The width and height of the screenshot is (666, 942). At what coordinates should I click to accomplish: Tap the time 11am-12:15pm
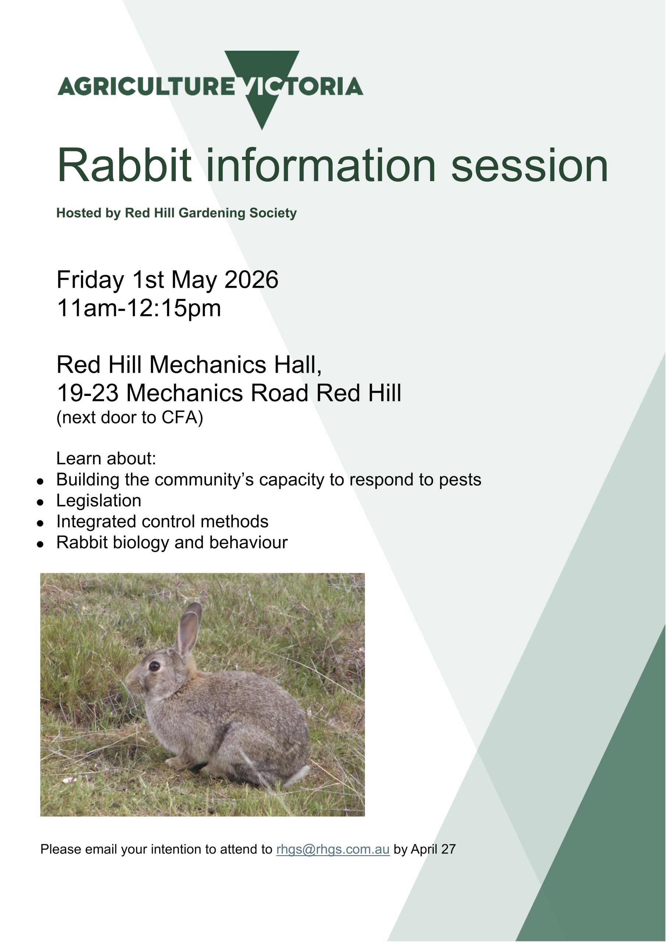139,308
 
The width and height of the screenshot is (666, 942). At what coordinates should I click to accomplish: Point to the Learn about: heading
106,458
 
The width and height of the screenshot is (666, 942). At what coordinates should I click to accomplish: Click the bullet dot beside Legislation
40,502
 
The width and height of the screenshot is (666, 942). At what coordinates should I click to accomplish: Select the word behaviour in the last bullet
248,542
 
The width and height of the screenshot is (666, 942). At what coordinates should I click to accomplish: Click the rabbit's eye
154,666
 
